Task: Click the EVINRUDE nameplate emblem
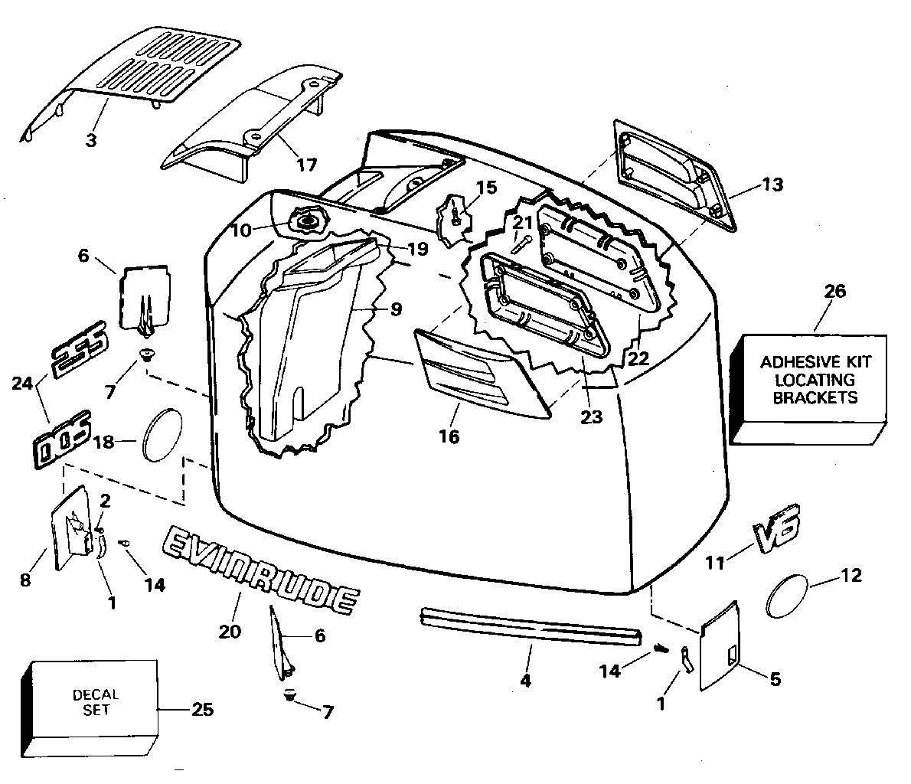pyautogui.click(x=260, y=569)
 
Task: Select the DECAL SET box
pyautogui.click(x=90, y=708)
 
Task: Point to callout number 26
pyautogui.click(x=835, y=291)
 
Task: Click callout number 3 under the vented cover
pyautogui.click(x=91, y=140)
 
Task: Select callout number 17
pyautogui.click(x=307, y=165)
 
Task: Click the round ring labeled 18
pyautogui.click(x=162, y=434)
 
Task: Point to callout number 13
pyautogui.click(x=772, y=185)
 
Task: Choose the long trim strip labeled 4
pyautogui.click(x=531, y=626)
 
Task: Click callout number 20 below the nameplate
pyautogui.click(x=230, y=631)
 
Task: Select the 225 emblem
pyautogui.click(x=80, y=348)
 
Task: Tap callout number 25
pyautogui.click(x=202, y=710)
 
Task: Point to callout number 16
pyautogui.click(x=449, y=436)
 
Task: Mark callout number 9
pyautogui.click(x=397, y=309)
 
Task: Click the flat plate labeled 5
pyautogui.click(x=720, y=645)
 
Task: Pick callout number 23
pyautogui.click(x=592, y=416)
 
